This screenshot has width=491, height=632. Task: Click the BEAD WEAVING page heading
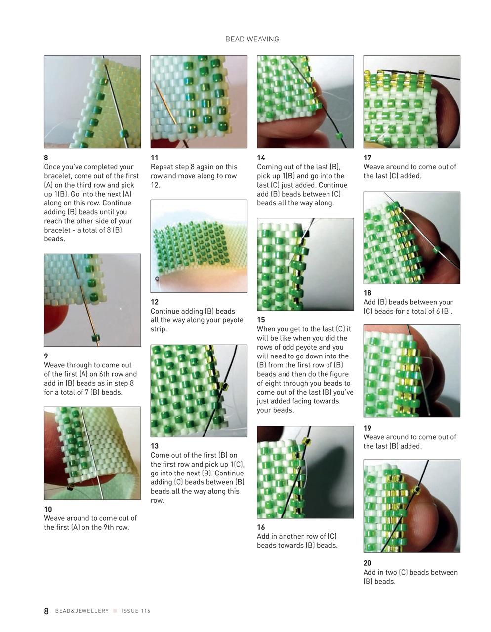(252, 39)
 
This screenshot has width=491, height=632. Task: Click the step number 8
(46, 158)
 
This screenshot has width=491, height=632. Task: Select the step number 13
(155, 446)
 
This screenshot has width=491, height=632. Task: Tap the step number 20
(368, 563)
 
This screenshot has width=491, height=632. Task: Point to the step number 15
(261, 320)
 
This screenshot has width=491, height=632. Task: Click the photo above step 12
(199, 246)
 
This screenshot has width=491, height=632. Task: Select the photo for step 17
(411, 102)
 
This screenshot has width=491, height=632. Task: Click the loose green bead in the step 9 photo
(96, 338)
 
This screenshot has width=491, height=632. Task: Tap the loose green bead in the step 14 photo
(339, 135)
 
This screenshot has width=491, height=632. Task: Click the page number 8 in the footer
(46, 611)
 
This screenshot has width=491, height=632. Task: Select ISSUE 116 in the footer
(136, 611)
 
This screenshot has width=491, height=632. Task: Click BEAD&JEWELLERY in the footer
(82, 611)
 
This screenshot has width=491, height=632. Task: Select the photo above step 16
(305, 472)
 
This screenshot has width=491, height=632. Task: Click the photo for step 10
(92, 453)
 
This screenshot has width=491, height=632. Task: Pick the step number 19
(368, 428)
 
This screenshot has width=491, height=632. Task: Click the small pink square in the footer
(115, 611)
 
